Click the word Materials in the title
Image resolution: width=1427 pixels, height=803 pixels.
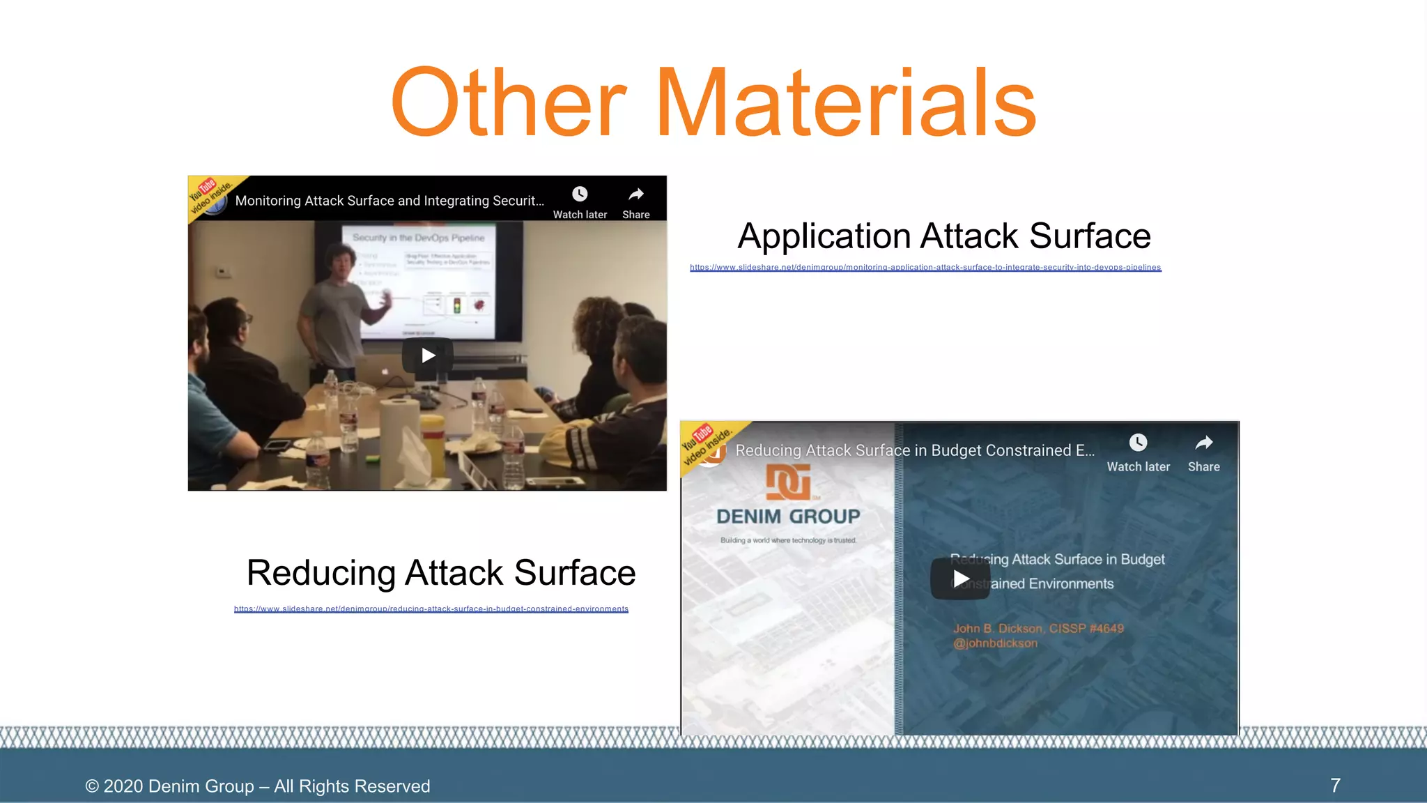tap(846, 102)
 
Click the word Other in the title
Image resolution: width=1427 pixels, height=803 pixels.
tap(509, 102)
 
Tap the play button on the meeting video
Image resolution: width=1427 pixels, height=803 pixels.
tap(428, 355)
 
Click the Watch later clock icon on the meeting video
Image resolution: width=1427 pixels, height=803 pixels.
tap(580, 194)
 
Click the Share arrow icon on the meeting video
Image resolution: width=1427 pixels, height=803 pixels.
tap(636, 194)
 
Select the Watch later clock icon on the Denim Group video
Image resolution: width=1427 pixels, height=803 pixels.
tap(1138, 443)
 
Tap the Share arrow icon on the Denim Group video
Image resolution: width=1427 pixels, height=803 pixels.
tap(1204, 443)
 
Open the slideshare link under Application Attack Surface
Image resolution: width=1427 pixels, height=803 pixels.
tap(925, 268)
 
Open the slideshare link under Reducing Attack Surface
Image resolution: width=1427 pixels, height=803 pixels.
tap(431, 609)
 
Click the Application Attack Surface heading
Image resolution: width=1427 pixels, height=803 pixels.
tap(944, 236)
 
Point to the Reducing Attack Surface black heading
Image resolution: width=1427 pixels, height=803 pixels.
tap(441, 573)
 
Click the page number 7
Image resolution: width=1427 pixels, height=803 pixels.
tap(1335, 786)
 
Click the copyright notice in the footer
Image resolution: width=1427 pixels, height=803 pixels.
tap(258, 786)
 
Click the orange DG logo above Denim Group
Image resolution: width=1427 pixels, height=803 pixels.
tap(788, 482)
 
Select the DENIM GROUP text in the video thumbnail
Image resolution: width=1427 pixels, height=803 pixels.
tap(788, 517)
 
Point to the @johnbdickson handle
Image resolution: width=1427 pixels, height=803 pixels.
tap(995, 643)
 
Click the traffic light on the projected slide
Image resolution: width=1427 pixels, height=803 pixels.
tap(457, 305)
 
